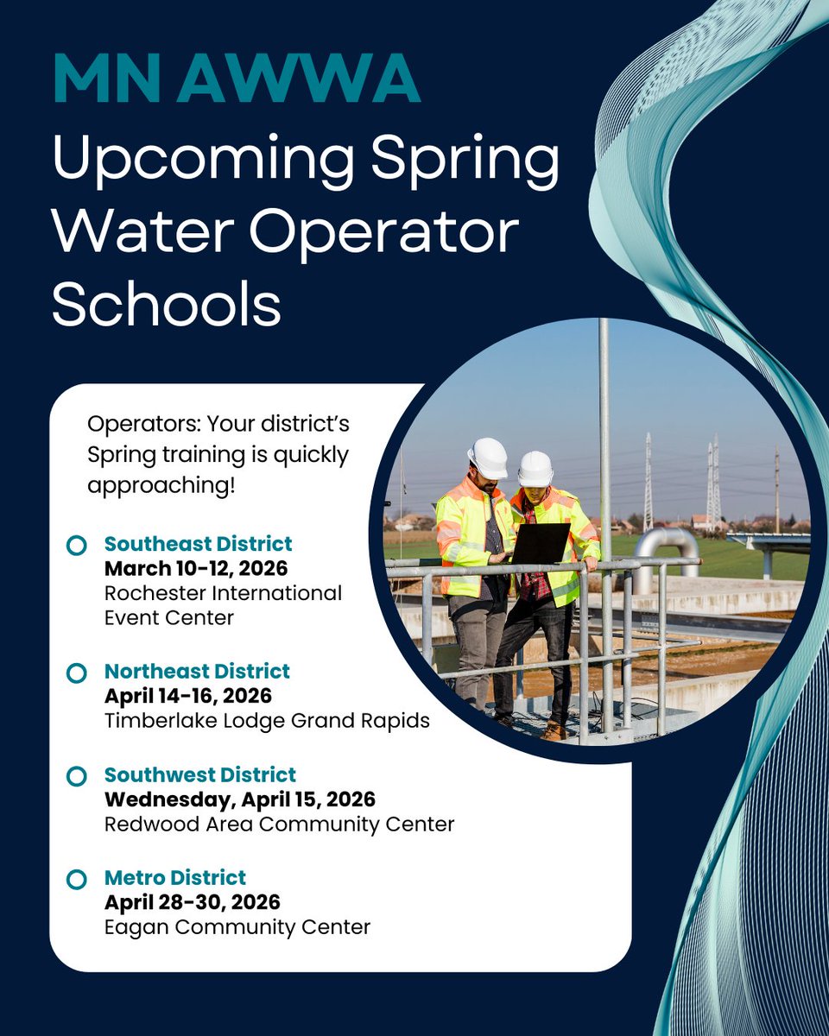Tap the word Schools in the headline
pos(167,305)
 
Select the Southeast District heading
pos(198,544)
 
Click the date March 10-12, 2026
pos(195,569)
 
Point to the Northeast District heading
pos(197,671)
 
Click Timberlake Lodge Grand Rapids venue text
pos(267,721)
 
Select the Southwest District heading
pos(199,774)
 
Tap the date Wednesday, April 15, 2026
pos(239,799)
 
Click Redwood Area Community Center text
pos(279,824)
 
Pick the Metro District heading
pos(175,878)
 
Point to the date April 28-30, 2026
pos(192,903)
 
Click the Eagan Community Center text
pos(237,928)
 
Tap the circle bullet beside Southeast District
pos(77,545)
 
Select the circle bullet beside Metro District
pos(77,879)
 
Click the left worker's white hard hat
pos(488,458)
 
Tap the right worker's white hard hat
pos(535,469)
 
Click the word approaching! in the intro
pos(161,485)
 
